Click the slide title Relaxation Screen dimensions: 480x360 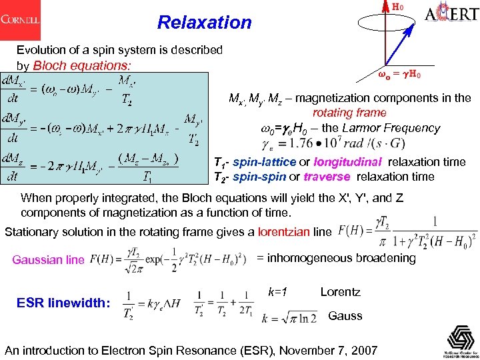coord(205,23)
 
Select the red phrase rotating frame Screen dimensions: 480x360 coord(349,113)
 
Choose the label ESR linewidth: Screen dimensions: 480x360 coord(62,303)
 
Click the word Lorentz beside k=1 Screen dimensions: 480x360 coord(340,292)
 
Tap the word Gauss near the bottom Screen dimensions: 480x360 coord(345,315)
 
